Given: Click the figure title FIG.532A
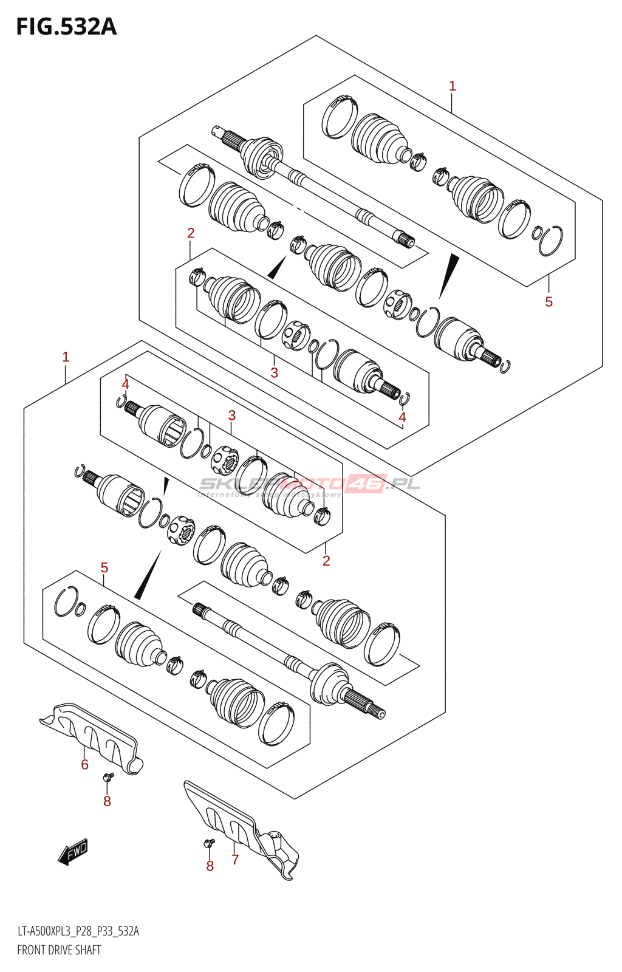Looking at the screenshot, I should tap(66, 27).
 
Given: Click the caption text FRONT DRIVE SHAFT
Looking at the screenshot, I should tap(59, 950).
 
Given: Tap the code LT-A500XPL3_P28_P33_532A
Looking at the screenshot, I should tap(78, 931).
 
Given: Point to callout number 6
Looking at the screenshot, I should tap(85, 765).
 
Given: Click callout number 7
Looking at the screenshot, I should tap(235, 860).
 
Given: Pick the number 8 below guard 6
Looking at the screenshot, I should tap(107, 802).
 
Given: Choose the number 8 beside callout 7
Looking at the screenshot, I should tap(210, 866).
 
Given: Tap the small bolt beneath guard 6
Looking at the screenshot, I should tap(108, 777).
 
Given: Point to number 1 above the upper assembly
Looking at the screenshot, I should tap(452, 86).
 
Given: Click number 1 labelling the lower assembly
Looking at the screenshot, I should tap(66, 357).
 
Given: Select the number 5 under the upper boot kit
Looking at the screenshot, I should tap(549, 302).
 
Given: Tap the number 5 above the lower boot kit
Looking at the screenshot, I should tap(104, 568).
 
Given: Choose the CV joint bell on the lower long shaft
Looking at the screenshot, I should tap(329, 684).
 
